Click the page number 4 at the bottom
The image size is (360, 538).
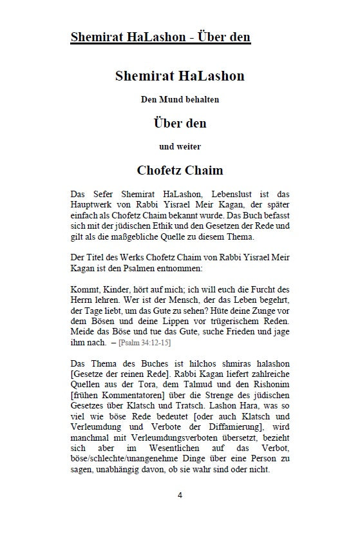point(180,513)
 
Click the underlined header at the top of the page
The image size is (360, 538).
point(160,37)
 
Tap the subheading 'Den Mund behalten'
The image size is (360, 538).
point(180,99)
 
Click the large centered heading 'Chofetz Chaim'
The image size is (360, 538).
point(180,170)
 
